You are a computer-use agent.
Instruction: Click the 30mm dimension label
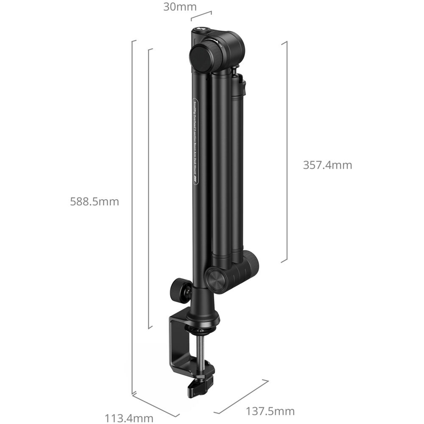(x=180, y=7)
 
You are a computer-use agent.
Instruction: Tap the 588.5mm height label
(x=95, y=201)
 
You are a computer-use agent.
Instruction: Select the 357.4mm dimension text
(x=327, y=165)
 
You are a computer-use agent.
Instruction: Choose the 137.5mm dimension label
(x=270, y=411)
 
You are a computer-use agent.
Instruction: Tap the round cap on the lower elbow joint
(x=217, y=280)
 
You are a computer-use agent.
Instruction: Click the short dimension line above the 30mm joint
(x=201, y=16)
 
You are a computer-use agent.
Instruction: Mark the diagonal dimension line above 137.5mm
(x=242, y=396)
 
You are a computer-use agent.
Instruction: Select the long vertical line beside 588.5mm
(x=132, y=216)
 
